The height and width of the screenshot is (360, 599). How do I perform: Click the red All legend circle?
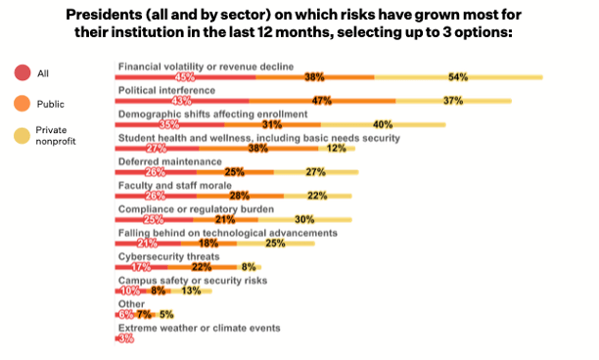(x=22, y=72)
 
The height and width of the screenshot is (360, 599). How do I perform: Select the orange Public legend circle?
(x=22, y=103)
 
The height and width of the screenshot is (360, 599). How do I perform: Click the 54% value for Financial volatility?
(x=458, y=76)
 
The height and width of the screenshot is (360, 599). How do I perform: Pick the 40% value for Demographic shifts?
(x=383, y=124)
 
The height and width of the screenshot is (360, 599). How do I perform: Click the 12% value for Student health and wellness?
(x=336, y=148)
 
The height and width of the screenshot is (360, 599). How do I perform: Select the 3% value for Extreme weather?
(x=125, y=338)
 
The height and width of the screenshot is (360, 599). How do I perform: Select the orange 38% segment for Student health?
(x=258, y=148)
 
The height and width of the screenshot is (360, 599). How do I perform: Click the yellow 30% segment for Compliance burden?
(x=305, y=219)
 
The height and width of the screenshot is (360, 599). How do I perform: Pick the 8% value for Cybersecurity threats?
(x=248, y=267)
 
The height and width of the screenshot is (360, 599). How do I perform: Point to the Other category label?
(x=129, y=303)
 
